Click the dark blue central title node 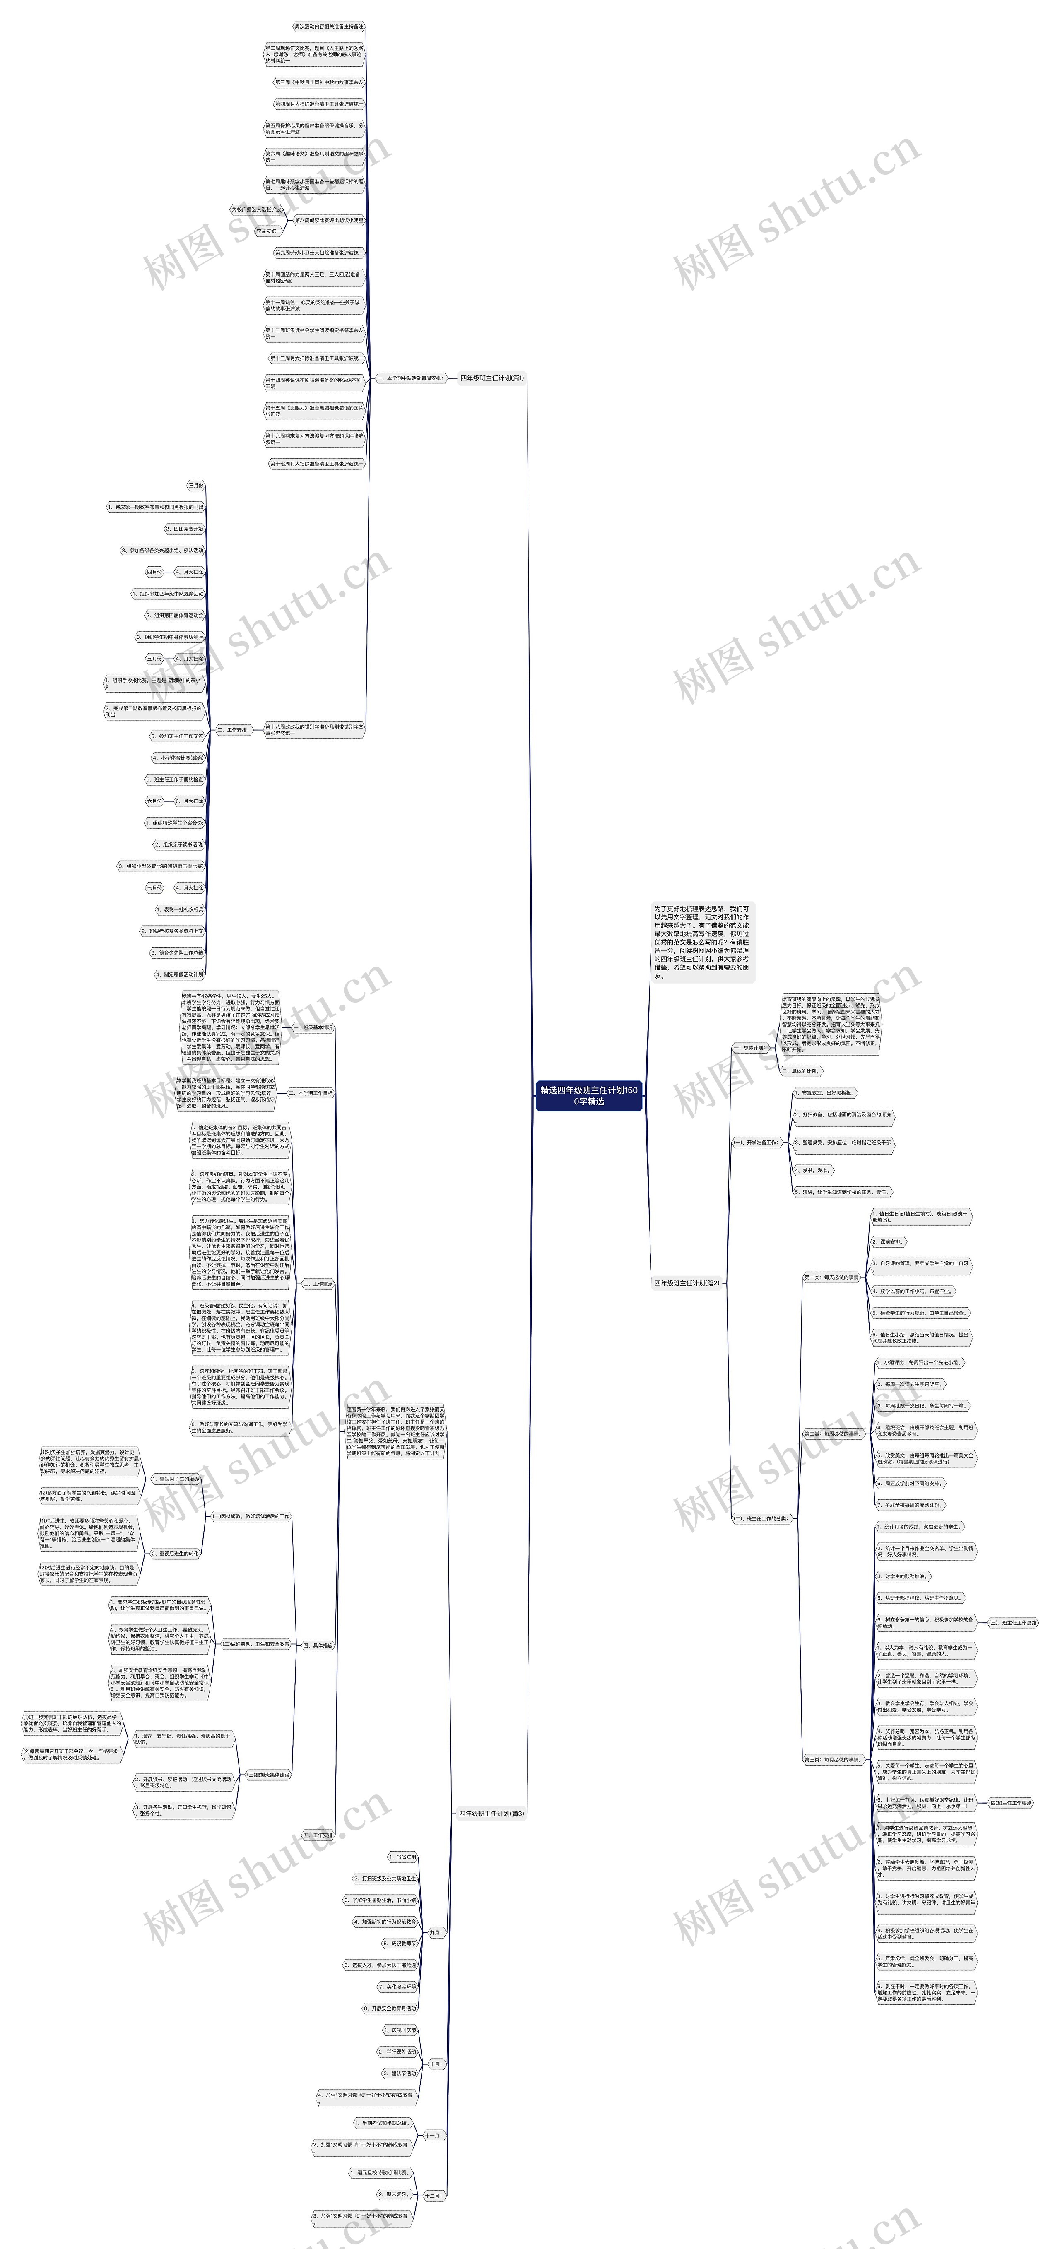pyautogui.click(x=588, y=1096)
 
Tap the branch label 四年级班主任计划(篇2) pyautogui.click(x=687, y=1283)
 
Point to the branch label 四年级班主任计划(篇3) pyautogui.click(x=491, y=1814)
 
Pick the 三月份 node pyautogui.click(x=195, y=486)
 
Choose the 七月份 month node pyautogui.click(x=154, y=888)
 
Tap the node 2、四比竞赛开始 pyautogui.click(x=184, y=529)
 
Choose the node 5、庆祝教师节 pyautogui.click(x=400, y=1944)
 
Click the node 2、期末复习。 pyautogui.click(x=394, y=2194)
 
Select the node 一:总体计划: pyautogui.click(x=749, y=1048)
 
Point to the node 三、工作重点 pyautogui.click(x=318, y=1284)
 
